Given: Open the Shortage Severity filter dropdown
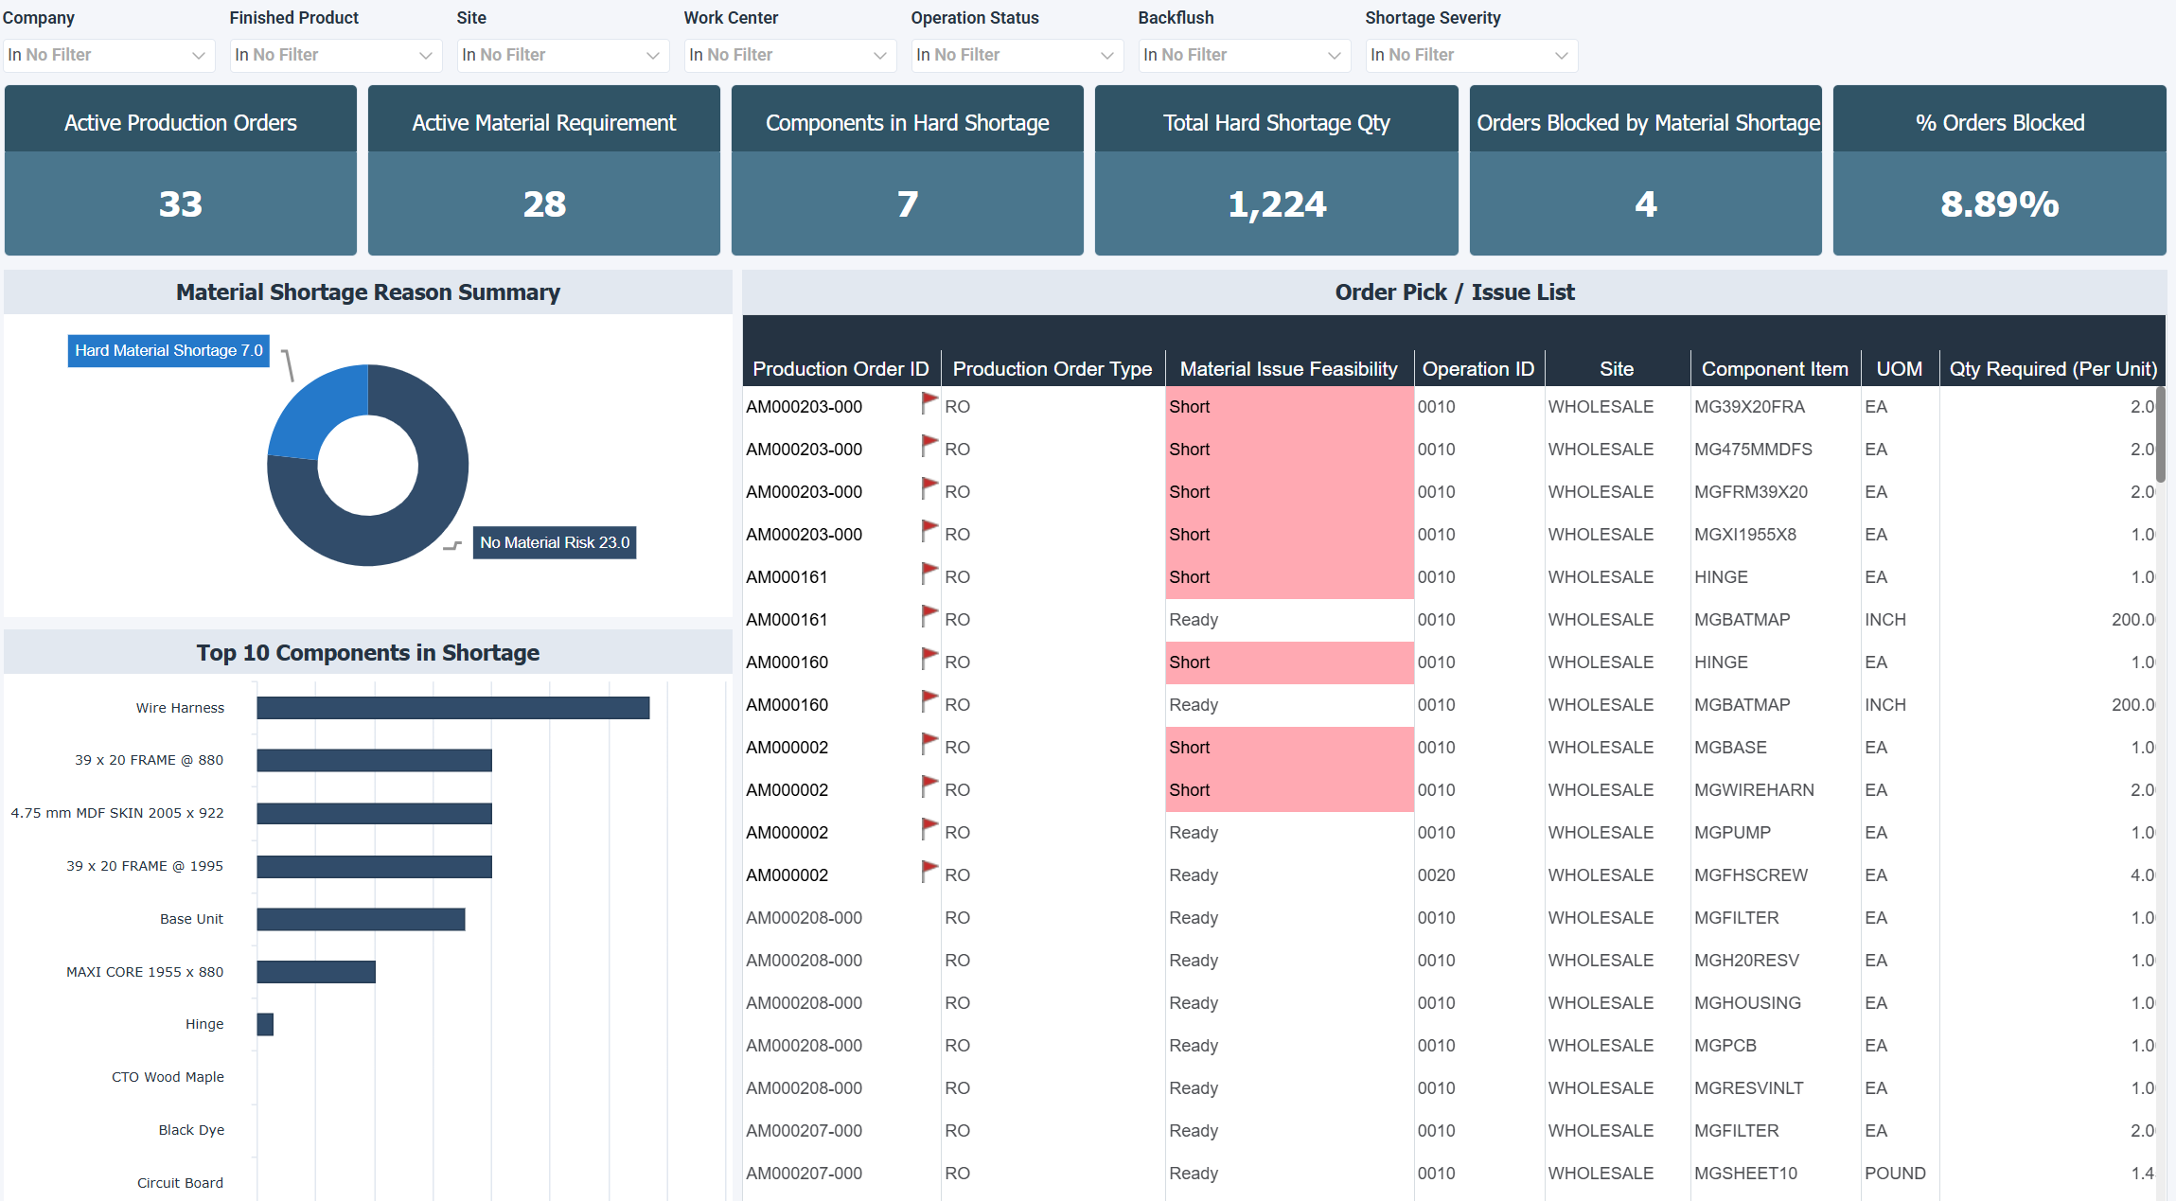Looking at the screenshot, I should click(x=1470, y=55).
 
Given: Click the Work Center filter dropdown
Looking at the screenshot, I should click(x=788, y=55).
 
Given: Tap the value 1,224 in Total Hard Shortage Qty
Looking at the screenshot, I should click(x=1276, y=204).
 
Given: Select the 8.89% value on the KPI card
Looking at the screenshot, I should click(x=1999, y=204).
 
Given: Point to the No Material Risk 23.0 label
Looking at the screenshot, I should click(x=554, y=542).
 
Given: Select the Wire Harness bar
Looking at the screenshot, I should click(x=452, y=708).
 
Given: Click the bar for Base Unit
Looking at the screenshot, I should click(x=361, y=919).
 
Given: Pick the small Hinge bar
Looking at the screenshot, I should click(x=265, y=1024).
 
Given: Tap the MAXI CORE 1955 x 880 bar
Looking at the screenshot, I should click(x=316, y=972).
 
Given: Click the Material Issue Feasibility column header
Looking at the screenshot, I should click(x=1288, y=369).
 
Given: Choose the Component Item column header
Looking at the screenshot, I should click(x=1774, y=369).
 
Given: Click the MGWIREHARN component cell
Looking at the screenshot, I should click(x=1754, y=790).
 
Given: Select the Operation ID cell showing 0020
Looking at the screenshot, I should click(x=1436, y=875).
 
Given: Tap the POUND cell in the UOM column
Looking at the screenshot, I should click(x=1895, y=1174).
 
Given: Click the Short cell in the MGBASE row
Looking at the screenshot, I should click(x=1190, y=748).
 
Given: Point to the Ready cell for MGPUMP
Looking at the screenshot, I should click(x=1194, y=833).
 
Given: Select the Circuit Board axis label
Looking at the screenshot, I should click(x=180, y=1183).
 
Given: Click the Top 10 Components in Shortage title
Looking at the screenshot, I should click(x=368, y=653).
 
